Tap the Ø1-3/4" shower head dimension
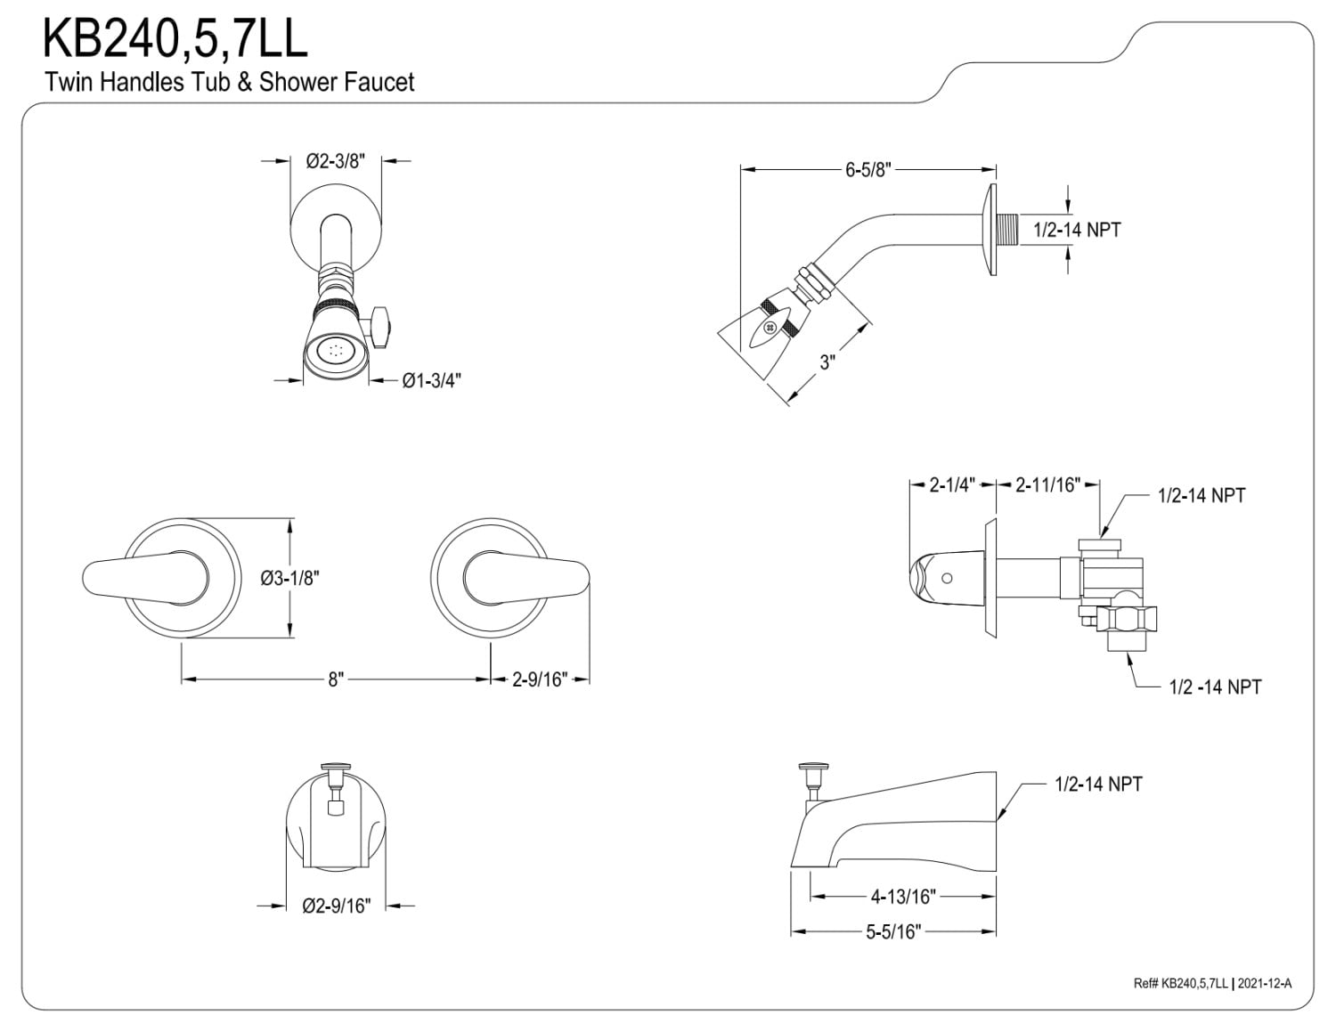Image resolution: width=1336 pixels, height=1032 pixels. pos(431,381)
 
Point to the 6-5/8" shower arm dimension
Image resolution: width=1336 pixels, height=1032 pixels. pos(868,169)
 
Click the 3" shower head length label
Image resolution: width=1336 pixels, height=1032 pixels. pos(827,362)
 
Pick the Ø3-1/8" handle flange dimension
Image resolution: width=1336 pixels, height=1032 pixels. pos(289,578)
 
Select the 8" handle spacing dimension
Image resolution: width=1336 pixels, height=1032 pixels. pos(335,679)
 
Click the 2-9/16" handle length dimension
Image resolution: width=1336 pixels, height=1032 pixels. pos(540,679)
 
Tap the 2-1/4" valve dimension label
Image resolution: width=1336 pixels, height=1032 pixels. pos(952,485)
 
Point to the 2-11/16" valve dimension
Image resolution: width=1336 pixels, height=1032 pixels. pos(1048,485)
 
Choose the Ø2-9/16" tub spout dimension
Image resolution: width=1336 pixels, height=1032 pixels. pos(336,906)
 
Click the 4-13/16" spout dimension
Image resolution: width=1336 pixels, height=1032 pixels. pos(902,896)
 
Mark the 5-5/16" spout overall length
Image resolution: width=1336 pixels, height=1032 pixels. pos(892,932)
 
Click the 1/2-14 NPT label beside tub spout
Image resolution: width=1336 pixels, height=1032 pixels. pos(1097,784)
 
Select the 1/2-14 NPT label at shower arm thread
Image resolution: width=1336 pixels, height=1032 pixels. pos(1076,230)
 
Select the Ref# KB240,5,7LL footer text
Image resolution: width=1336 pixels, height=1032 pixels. pos(1182,983)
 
